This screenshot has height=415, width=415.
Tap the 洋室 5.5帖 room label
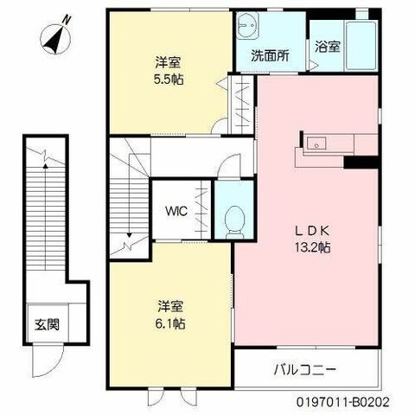[169, 71]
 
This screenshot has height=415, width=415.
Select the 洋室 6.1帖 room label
[170, 316]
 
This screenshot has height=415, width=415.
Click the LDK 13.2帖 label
[312, 239]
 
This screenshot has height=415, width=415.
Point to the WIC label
[176, 211]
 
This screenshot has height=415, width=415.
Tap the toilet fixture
[234, 222]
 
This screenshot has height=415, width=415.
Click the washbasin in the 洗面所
[248, 25]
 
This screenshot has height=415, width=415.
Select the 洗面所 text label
[270, 55]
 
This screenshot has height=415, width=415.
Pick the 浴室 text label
[328, 47]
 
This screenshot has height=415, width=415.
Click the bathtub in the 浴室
[361, 46]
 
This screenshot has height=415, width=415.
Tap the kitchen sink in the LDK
[316, 144]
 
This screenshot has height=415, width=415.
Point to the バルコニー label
[305, 369]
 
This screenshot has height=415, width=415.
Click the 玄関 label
[47, 324]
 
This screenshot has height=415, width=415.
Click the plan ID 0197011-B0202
[343, 402]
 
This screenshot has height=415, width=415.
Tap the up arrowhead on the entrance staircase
[45, 165]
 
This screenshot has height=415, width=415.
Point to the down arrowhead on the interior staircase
[130, 235]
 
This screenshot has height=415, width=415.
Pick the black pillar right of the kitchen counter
[361, 163]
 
